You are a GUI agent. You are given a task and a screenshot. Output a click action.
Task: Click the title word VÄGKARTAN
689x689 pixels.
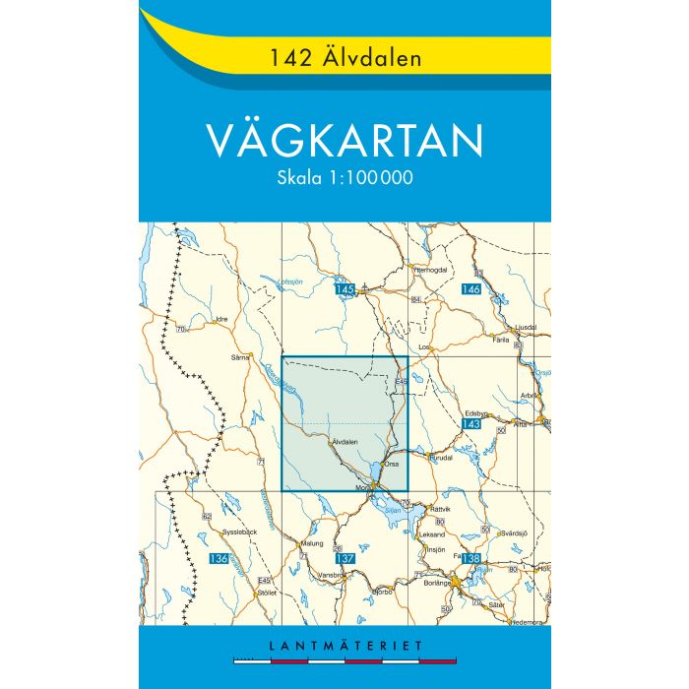click(344, 140)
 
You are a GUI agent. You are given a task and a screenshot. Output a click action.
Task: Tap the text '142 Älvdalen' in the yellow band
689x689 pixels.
click(344, 57)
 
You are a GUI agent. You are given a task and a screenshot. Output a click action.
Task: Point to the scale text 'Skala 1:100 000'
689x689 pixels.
click(344, 178)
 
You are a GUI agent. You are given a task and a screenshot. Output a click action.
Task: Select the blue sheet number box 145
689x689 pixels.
click(344, 289)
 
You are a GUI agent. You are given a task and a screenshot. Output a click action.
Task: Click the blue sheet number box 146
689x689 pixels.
click(470, 289)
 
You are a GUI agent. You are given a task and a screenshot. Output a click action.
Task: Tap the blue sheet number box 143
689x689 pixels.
click(470, 423)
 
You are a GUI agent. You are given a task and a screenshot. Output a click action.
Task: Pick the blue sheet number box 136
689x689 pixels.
click(219, 559)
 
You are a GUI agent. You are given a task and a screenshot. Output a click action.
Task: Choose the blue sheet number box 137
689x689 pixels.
click(344, 559)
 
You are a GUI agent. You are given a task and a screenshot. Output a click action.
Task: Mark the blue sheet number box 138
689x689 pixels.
click(470, 559)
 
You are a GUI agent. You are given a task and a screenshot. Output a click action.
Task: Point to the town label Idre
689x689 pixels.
click(221, 319)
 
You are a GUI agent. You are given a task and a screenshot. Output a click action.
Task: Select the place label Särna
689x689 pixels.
click(237, 356)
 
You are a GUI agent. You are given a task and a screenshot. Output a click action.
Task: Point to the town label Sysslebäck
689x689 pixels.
click(238, 532)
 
